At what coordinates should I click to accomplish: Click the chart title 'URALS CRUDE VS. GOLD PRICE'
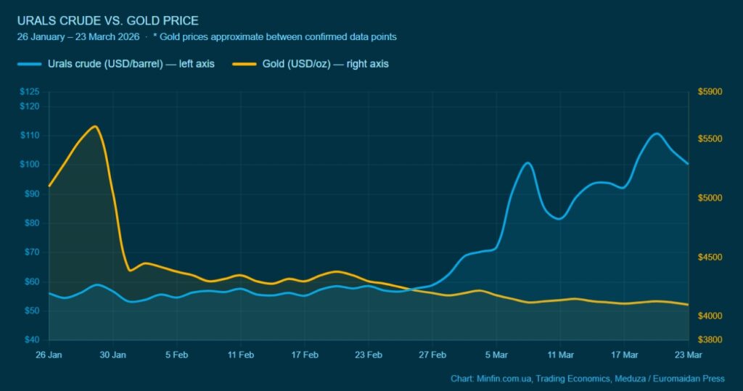pos(107,20)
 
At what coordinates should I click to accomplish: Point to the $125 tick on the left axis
pos(30,92)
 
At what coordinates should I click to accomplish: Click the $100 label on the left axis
pos(30,165)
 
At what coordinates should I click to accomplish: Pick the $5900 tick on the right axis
pos(710,92)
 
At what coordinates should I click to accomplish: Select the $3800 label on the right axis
pos(710,340)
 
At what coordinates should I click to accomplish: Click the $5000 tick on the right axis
pos(710,198)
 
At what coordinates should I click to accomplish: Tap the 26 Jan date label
pos(49,355)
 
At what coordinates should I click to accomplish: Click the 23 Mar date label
pos(688,355)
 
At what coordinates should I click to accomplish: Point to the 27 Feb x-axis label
pos(432,355)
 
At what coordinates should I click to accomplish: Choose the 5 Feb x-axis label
pos(176,355)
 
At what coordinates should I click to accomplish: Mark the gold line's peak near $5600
pos(94,126)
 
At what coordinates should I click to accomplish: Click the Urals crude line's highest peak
pos(656,133)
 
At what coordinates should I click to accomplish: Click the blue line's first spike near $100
pos(528,163)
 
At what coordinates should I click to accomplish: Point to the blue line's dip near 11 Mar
pos(559,218)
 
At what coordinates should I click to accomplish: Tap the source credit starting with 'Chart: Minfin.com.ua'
pos(587,379)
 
